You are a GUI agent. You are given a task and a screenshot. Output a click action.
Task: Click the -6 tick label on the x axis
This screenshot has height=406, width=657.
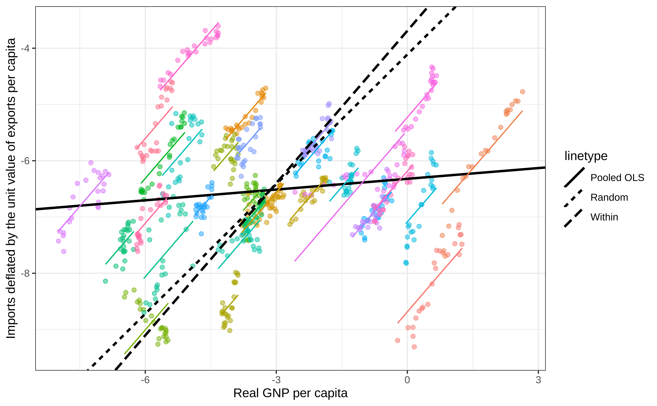pyautogui.click(x=145, y=380)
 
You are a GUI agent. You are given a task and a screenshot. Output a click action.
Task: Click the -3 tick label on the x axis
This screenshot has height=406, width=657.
pyautogui.click(x=276, y=380)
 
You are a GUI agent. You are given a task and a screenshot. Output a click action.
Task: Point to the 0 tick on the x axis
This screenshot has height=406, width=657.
pyautogui.click(x=407, y=380)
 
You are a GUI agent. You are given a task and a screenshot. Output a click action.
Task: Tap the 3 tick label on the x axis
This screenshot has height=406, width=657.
pyautogui.click(x=538, y=380)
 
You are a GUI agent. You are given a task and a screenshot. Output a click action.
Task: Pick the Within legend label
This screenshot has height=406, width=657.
pyautogui.click(x=604, y=217)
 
